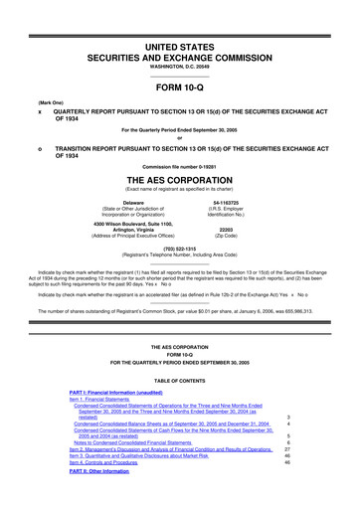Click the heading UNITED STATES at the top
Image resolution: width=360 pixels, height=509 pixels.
tap(180, 20)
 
